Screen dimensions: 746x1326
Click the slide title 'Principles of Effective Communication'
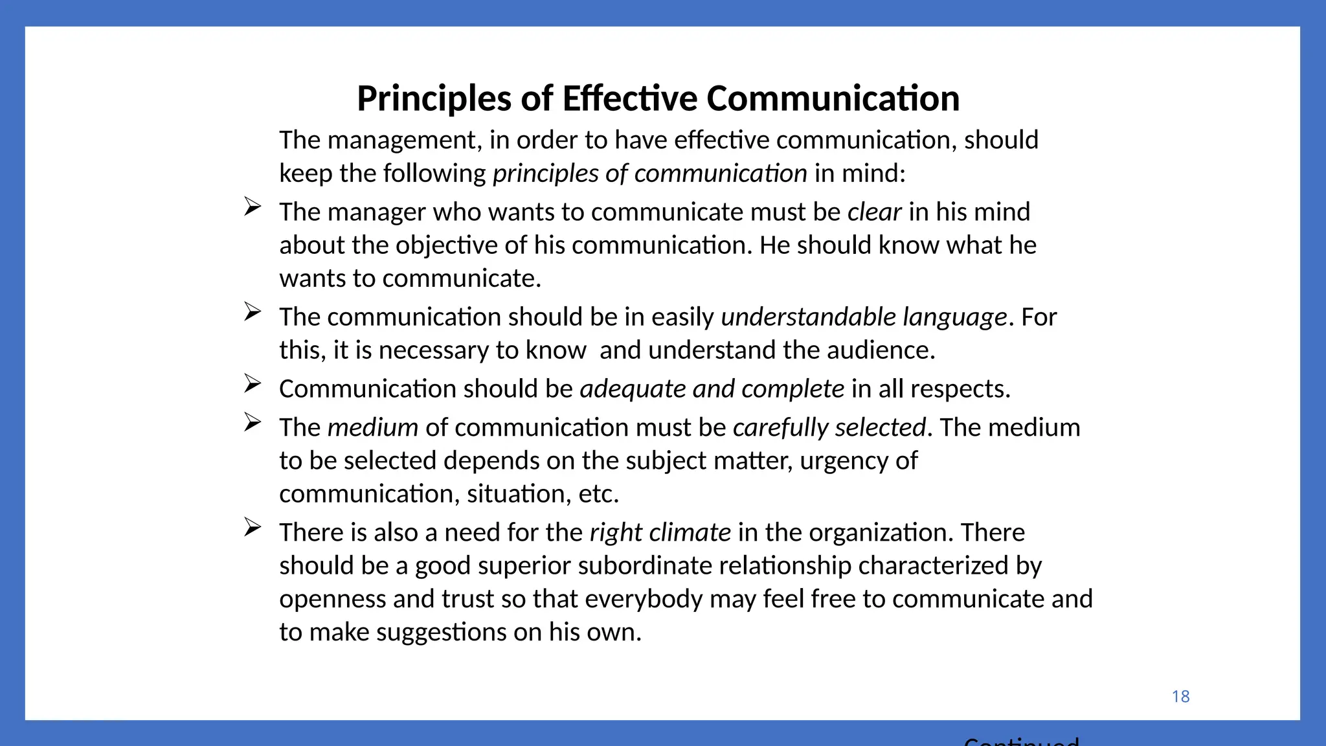point(658,98)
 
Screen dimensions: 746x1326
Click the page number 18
point(1180,696)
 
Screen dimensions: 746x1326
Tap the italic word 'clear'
point(874,212)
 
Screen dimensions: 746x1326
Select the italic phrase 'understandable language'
point(864,317)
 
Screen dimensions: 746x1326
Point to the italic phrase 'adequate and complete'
point(712,389)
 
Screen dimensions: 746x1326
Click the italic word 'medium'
point(372,427)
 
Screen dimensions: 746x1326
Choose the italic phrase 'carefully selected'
point(829,427)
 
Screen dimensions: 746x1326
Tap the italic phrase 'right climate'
point(660,532)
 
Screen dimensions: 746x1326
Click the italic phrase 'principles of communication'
point(649,174)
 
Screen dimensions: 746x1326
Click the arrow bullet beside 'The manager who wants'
point(253,207)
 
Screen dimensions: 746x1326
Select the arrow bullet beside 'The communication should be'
point(253,311)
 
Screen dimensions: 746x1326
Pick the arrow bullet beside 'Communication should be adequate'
point(253,383)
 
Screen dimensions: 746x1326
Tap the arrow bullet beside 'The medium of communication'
point(253,422)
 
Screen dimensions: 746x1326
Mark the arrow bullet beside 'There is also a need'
point(253,527)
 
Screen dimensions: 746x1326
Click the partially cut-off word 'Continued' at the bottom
point(1021,741)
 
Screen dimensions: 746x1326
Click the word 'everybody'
point(644,599)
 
